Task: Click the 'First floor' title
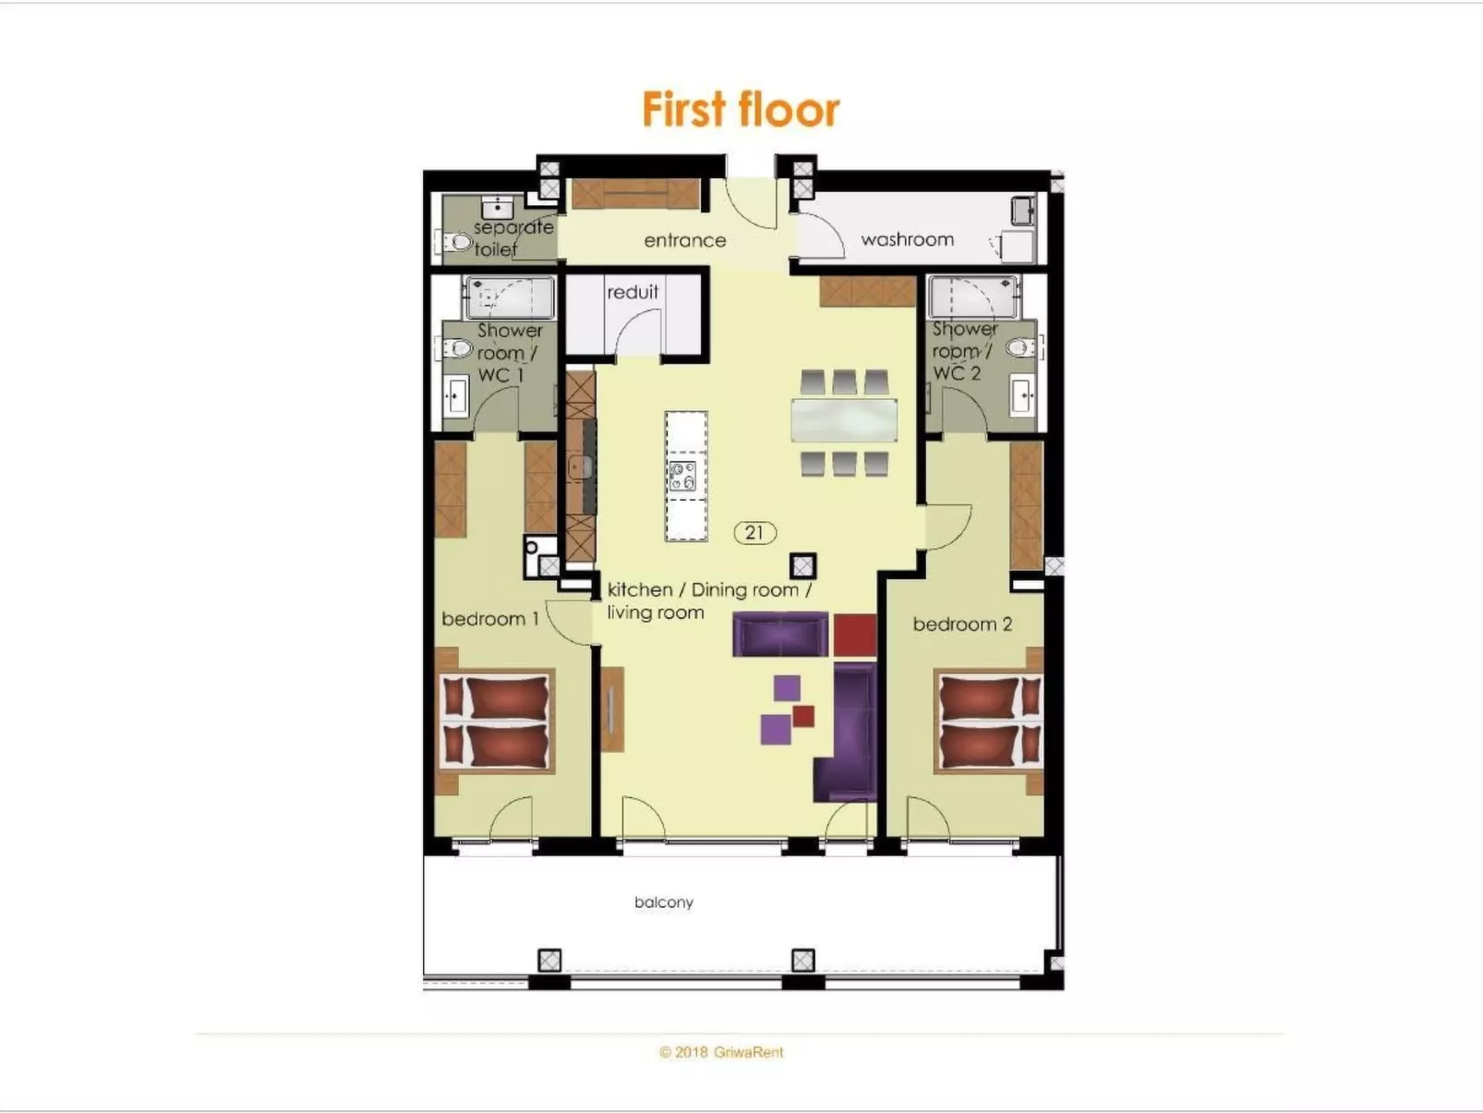click(x=741, y=110)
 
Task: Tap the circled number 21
click(x=754, y=532)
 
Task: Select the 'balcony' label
click(x=663, y=901)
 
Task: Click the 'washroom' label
click(x=907, y=239)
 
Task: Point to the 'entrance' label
click(x=684, y=240)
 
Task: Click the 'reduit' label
click(x=633, y=292)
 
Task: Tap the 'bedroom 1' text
click(x=489, y=618)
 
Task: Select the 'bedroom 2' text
click(x=962, y=623)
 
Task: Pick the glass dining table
click(x=844, y=420)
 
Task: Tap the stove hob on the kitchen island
click(x=683, y=476)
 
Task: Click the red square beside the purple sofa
click(x=854, y=635)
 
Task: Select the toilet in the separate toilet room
click(x=459, y=243)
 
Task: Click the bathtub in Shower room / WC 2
click(x=972, y=296)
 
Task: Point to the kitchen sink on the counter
click(x=580, y=466)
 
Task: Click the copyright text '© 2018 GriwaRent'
click(x=721, y=1052)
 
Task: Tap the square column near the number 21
click(x=802, y=565)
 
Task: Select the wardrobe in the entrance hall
click(x=635, y=194)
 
